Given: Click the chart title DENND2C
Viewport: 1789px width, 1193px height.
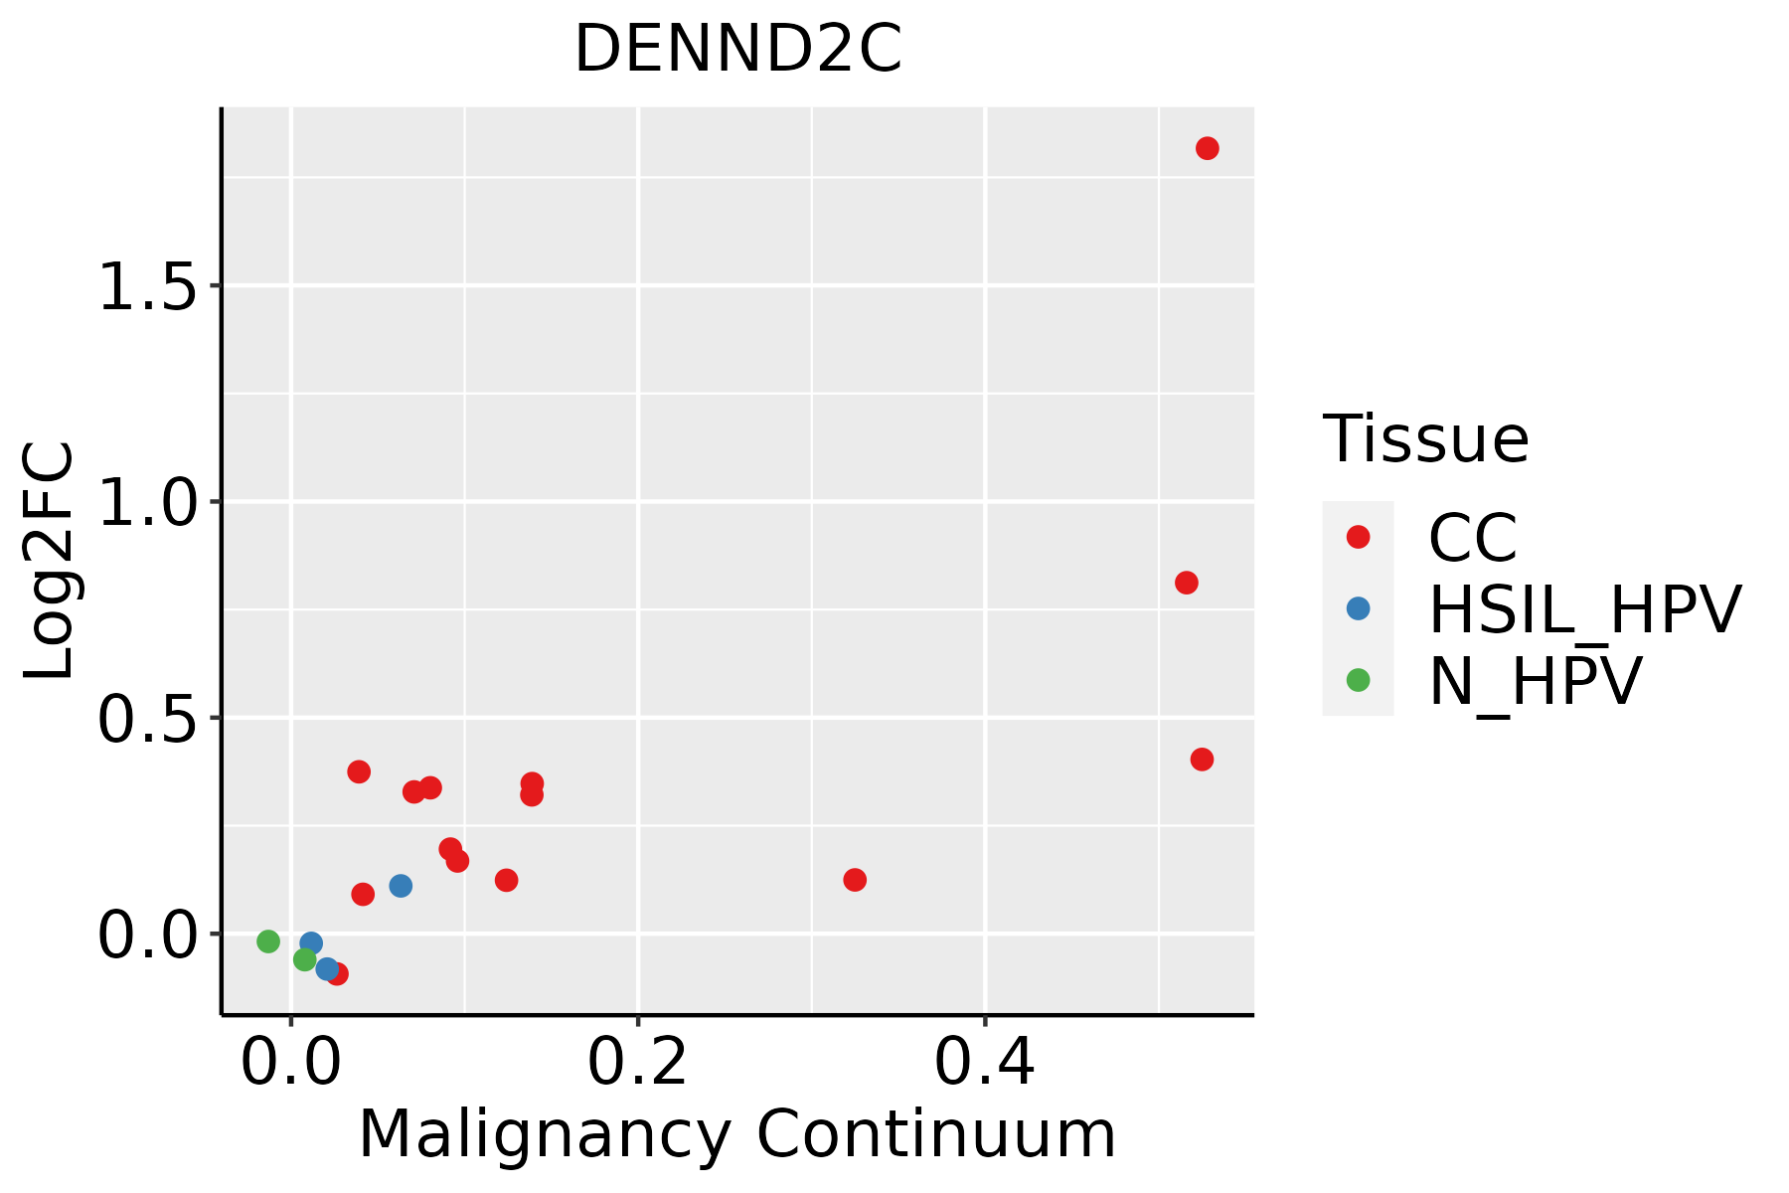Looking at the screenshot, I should (738, 50).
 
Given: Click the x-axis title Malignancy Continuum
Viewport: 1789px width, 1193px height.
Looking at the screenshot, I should (736, 1134).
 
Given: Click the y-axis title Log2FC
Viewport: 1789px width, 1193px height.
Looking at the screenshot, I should (50, 561).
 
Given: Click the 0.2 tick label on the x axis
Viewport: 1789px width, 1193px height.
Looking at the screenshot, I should (637, 1062).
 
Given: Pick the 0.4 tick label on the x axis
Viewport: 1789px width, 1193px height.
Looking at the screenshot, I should (984, 1062).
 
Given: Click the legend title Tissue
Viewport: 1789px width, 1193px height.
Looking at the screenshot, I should (1425, 438).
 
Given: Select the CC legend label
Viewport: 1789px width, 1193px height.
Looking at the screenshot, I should (1473, 538).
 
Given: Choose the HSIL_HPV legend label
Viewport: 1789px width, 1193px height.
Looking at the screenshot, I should (1584, 609).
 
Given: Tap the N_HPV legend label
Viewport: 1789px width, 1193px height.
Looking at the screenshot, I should (1535, 682).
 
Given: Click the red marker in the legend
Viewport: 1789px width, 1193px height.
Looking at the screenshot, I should (1358, 537).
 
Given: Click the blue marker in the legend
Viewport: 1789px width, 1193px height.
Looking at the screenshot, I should (1358, 608).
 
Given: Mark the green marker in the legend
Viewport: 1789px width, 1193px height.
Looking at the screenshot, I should (1358, 680).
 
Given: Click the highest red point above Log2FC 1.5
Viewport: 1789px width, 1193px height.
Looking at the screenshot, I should (1208, 148).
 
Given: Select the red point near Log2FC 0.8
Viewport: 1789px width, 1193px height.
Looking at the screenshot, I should (1187, 583).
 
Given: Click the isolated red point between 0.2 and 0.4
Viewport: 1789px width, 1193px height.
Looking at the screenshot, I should (855, 880).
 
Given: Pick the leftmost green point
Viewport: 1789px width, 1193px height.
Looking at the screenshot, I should (268, 941).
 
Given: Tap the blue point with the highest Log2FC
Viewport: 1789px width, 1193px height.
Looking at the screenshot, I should (401, 886).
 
